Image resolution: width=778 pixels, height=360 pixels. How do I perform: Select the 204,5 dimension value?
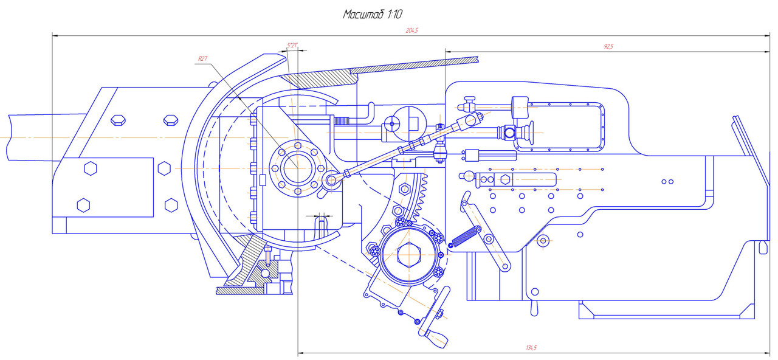tap(411, 30)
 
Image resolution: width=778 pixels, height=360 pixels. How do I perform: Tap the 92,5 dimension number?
tap(608, 46)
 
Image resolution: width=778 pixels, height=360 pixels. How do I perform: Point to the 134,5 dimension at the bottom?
tap(531, 347)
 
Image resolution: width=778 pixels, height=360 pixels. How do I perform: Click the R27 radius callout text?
tap(202, 59)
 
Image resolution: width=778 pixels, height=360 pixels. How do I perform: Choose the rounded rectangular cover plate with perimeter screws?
tap(566, 128)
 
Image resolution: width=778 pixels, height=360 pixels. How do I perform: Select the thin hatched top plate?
tap(413, 64)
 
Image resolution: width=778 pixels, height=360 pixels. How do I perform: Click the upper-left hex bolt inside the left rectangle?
tap(91, 168)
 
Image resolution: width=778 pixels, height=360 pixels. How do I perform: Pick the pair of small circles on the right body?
tap(668, 181)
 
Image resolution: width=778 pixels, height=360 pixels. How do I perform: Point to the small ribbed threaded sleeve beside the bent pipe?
tap(343, 122)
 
